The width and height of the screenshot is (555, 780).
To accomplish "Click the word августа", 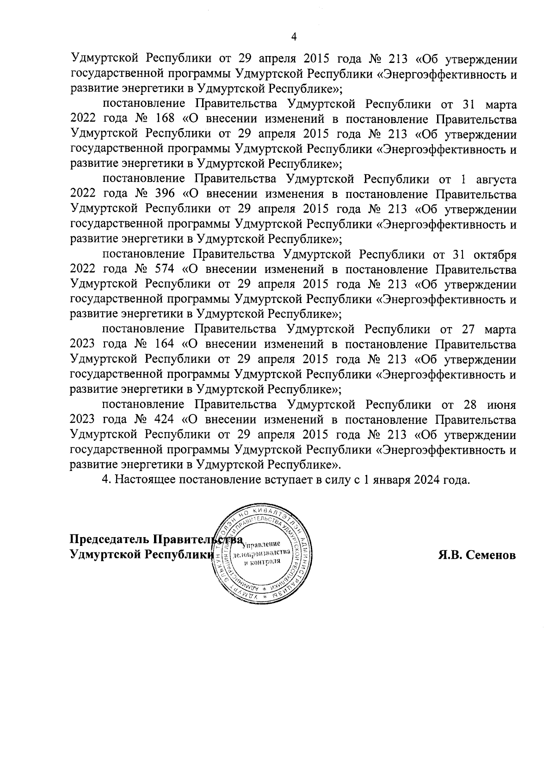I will [493, 180].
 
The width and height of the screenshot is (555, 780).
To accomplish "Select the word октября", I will [493, 254].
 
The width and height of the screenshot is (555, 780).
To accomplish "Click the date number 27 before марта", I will [470, 329].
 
